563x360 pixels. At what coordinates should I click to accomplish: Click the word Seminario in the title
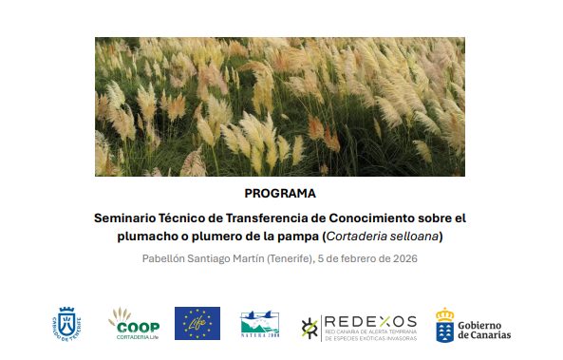click(126, 218)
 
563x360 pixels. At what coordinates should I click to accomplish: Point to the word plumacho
click(149, 237)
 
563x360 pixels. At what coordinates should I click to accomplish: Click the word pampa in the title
click(298, 237)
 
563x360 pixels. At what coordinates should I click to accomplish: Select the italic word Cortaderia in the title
click(360, 237)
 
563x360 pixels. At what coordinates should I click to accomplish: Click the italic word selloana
click(419, 237)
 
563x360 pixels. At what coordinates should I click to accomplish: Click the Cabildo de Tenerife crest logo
click(66, 323)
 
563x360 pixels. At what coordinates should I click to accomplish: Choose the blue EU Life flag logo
click(197, 323)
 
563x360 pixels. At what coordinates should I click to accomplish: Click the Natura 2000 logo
click(259, 324)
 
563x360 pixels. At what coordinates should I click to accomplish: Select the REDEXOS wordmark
click(370, 321)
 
